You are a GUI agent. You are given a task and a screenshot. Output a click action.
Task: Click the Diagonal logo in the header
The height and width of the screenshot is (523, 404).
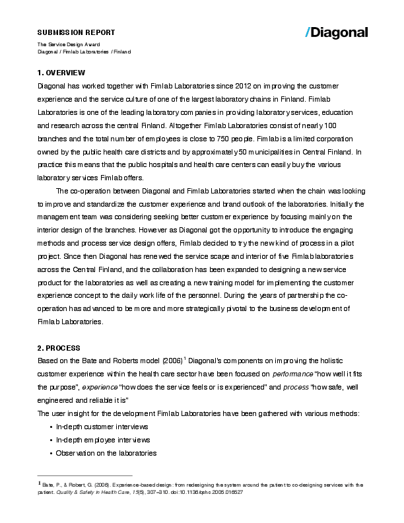[337, 32]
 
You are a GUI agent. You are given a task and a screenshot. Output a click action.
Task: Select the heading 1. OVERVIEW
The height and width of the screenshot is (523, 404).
[61, 72]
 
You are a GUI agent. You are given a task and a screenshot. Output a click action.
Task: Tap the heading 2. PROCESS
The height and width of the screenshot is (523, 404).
[59, 347]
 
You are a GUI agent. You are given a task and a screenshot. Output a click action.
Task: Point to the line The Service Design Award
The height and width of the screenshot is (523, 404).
[69, 44]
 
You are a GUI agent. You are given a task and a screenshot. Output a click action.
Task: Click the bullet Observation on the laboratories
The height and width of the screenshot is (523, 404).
[106, 453]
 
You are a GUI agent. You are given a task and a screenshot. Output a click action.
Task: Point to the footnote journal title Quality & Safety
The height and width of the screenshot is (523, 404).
[76, 493]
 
